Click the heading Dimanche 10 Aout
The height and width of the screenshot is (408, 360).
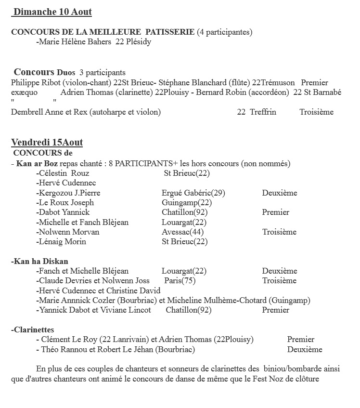pyautogui.click(x=53, y=12)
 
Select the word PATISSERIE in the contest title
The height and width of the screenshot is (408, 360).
pyautogui.click(x=170, y=32)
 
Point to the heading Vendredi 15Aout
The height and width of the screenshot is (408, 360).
pyautogui.click(x=47, y=143)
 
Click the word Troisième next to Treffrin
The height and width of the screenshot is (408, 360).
pyautogui.click(x=316, y=112)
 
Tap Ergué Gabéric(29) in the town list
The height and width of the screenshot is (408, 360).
pyautogui.click(x=193, y=193)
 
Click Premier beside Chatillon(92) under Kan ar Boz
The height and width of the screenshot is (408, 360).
pyautogui.click(x=276, y=212)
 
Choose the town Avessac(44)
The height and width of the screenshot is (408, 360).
pyautogui.click(x=182, y=232)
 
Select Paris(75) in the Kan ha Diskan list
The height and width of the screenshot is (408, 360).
pyautogui.click(x=180, y=281)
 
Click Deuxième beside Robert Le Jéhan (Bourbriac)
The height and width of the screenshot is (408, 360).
pyautogui.click(x=305, y=350)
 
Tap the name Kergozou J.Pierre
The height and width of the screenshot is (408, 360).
pyautogui.click(x=69, y=193)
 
